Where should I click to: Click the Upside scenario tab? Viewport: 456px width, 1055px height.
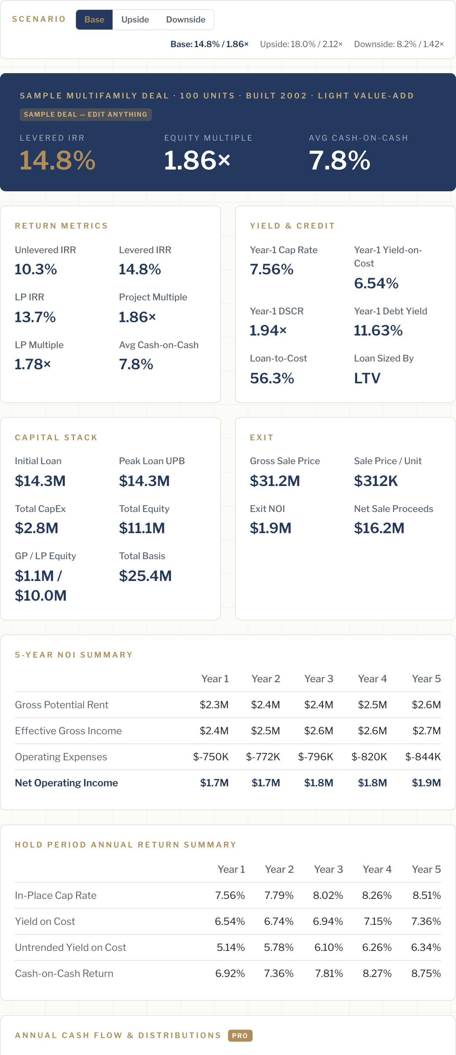[x=135, y=20]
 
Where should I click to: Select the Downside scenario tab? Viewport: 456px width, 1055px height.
[x=185, y=20]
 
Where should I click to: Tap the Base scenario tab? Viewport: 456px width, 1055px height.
[x=94, y=20]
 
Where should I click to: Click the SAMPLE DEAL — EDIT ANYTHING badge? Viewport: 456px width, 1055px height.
[x=85, y=115]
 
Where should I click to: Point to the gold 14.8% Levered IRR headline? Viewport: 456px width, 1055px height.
[x=57, y=160]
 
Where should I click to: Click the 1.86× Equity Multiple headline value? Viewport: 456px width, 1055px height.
[x=197, y=160]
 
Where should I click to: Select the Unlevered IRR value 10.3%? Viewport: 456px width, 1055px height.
[x=36, y=269]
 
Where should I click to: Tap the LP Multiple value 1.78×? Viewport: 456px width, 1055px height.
[x=33, y=364]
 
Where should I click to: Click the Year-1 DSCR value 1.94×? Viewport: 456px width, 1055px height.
[x=268, y=331]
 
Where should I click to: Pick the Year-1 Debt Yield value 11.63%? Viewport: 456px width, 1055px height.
[x=378, y=331]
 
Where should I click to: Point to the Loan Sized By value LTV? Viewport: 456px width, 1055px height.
[x=367, y=378]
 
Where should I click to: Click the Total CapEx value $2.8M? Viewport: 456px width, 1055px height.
[x=37, y=528]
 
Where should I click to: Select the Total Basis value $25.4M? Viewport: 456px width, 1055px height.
[x=145, y=576]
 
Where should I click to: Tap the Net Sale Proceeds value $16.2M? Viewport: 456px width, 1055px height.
[x=379, y=528]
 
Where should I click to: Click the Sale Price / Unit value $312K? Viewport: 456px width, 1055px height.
[x=376, y=481]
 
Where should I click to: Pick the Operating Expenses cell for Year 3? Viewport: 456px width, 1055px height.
[x=316, y=757]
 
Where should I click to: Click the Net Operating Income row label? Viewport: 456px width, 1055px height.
[x=66, y=783]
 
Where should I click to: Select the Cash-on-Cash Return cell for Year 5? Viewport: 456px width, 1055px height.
[x=426, y=973]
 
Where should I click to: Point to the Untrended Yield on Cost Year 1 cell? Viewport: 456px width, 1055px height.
[x=231, y=947]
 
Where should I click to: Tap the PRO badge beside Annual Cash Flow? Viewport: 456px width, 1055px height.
[x=240, y=1035]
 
